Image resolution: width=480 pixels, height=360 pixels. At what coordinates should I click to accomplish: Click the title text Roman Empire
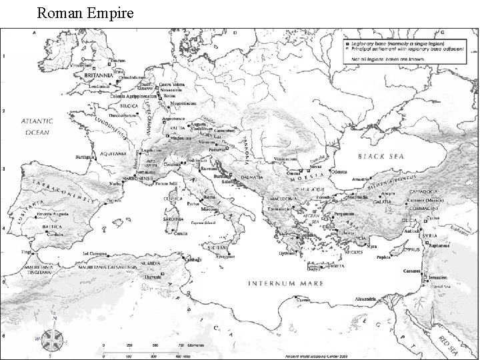(85, 13)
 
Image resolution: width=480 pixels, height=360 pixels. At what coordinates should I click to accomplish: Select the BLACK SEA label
(381, 156)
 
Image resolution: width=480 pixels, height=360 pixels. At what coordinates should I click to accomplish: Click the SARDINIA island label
(173, 217)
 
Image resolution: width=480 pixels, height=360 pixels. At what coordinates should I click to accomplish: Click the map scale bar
(153, 348)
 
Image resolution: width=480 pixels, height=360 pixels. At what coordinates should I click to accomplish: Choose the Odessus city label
(339, 171)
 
